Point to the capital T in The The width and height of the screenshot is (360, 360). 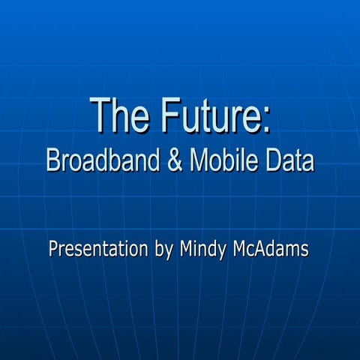[x=98, y=115]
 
